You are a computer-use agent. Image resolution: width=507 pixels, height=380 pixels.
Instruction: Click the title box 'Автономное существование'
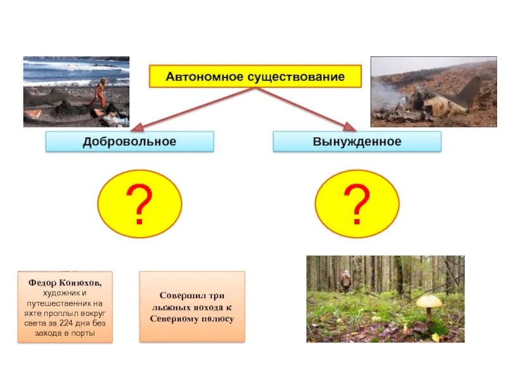point(255,77)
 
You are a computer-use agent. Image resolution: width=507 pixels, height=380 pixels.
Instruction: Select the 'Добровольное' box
point(129,141)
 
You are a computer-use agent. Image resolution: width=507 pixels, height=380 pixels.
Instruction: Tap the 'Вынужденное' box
point(357,141)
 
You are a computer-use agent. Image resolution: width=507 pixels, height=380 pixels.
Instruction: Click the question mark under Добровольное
point(139,204)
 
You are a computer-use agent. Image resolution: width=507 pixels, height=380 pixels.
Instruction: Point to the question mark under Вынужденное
point(357,204)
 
